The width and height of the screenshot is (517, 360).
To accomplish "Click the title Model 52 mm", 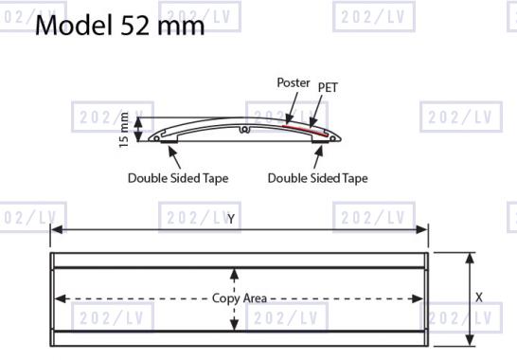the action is click(x=119, y=25).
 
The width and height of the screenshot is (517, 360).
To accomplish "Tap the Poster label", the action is click(x=294, y=82).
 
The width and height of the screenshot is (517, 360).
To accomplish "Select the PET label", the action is click(x=328, y=87).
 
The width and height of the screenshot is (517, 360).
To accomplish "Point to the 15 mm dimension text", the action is click(x=124, y=130).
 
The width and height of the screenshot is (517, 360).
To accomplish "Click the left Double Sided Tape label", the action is click(x=178, y=178).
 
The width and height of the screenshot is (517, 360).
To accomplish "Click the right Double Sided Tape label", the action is click(x=318, y=178).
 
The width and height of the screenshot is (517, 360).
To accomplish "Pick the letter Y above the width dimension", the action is click(x=231, y=219).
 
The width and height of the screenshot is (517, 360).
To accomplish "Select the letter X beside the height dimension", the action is click(x=479, y=297).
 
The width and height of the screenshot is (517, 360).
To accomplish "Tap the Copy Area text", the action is click(x=240, y=298).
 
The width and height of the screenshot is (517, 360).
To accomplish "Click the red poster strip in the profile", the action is click(x=305, y=130).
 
